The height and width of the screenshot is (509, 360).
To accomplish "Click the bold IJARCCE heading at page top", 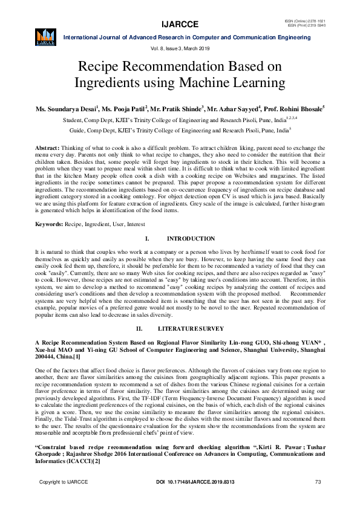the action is tap(180, 24).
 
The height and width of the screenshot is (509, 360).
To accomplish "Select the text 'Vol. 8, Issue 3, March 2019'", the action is tap(180, 48).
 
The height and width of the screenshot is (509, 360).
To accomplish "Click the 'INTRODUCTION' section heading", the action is tap(191, 239).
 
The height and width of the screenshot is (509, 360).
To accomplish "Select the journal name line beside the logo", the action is tap(187, 37).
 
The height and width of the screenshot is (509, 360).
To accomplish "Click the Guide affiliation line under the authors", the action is tap(180, 129).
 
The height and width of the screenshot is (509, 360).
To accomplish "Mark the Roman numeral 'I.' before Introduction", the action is tap(147, 239).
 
